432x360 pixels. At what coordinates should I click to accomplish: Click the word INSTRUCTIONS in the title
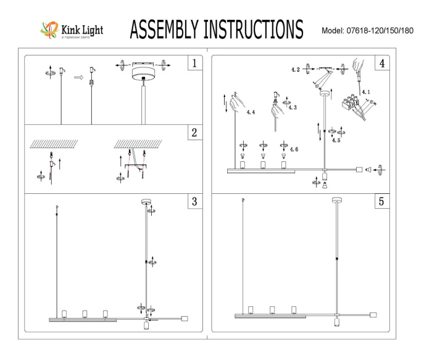pos(254,29)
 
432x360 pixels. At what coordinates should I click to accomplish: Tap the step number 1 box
pos(194,63)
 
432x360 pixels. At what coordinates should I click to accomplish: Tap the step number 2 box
pos(194,133)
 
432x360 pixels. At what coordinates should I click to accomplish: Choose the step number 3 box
pos(194,202)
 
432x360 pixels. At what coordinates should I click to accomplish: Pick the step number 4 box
pos(382,63)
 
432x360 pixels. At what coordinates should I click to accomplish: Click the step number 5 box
pos(382,202)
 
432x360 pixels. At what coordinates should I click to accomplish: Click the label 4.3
pos(293,107)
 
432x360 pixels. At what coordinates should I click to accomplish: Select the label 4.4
pos(250,113)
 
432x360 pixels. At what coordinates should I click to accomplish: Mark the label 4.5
pos(336,140)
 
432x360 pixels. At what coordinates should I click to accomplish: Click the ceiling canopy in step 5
pos(336,200)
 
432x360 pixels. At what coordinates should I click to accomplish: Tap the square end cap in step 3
pos(184,319)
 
